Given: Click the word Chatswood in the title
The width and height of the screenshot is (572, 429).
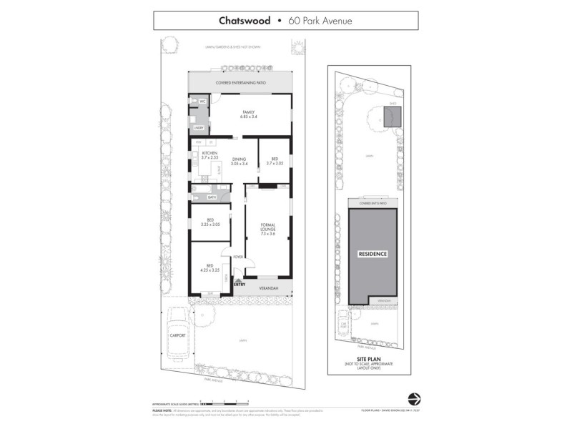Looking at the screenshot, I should pyautogui.click(x=245, y=21).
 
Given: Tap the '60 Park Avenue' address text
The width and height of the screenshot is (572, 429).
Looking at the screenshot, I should pyautogui.click(x=320, y=21).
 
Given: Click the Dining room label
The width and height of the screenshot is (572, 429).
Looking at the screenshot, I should pyautogui.click(x=239, y=162).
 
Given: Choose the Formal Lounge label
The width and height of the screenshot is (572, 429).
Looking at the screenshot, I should pyautogui.click(x=268, y=229).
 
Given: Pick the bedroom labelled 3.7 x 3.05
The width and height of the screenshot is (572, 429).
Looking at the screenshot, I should pyautogui.click(x=275, y=162).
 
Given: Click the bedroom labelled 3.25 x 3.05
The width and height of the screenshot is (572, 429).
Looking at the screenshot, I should pyautogui.click(x=210, y=222).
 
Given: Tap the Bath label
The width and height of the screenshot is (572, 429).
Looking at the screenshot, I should pyautogui.click(x=212, y=197).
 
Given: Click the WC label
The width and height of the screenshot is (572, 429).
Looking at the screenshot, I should pyautogui.click(x=202, y=102).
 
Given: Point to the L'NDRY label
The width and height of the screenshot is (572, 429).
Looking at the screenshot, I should pyautogui.click(x=199, y=128).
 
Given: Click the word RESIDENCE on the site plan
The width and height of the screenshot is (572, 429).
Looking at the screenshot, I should pyautogui.click(x=373, y=253).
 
